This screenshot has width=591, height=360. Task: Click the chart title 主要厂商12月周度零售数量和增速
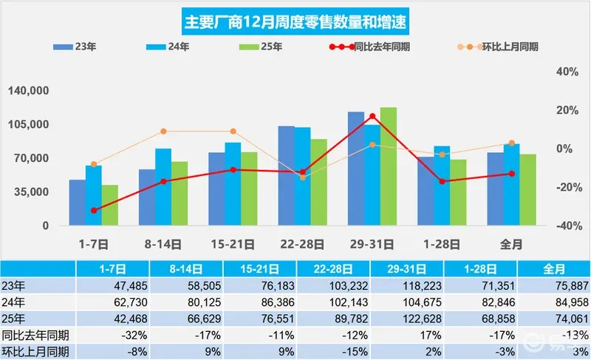coord(295,19)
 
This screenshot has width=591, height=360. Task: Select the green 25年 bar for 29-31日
coord(389,166)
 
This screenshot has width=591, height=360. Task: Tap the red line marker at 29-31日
coord(372,116)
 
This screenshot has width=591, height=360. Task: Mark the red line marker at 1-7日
coord(93,211)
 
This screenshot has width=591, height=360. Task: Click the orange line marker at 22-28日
coord(302,177)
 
